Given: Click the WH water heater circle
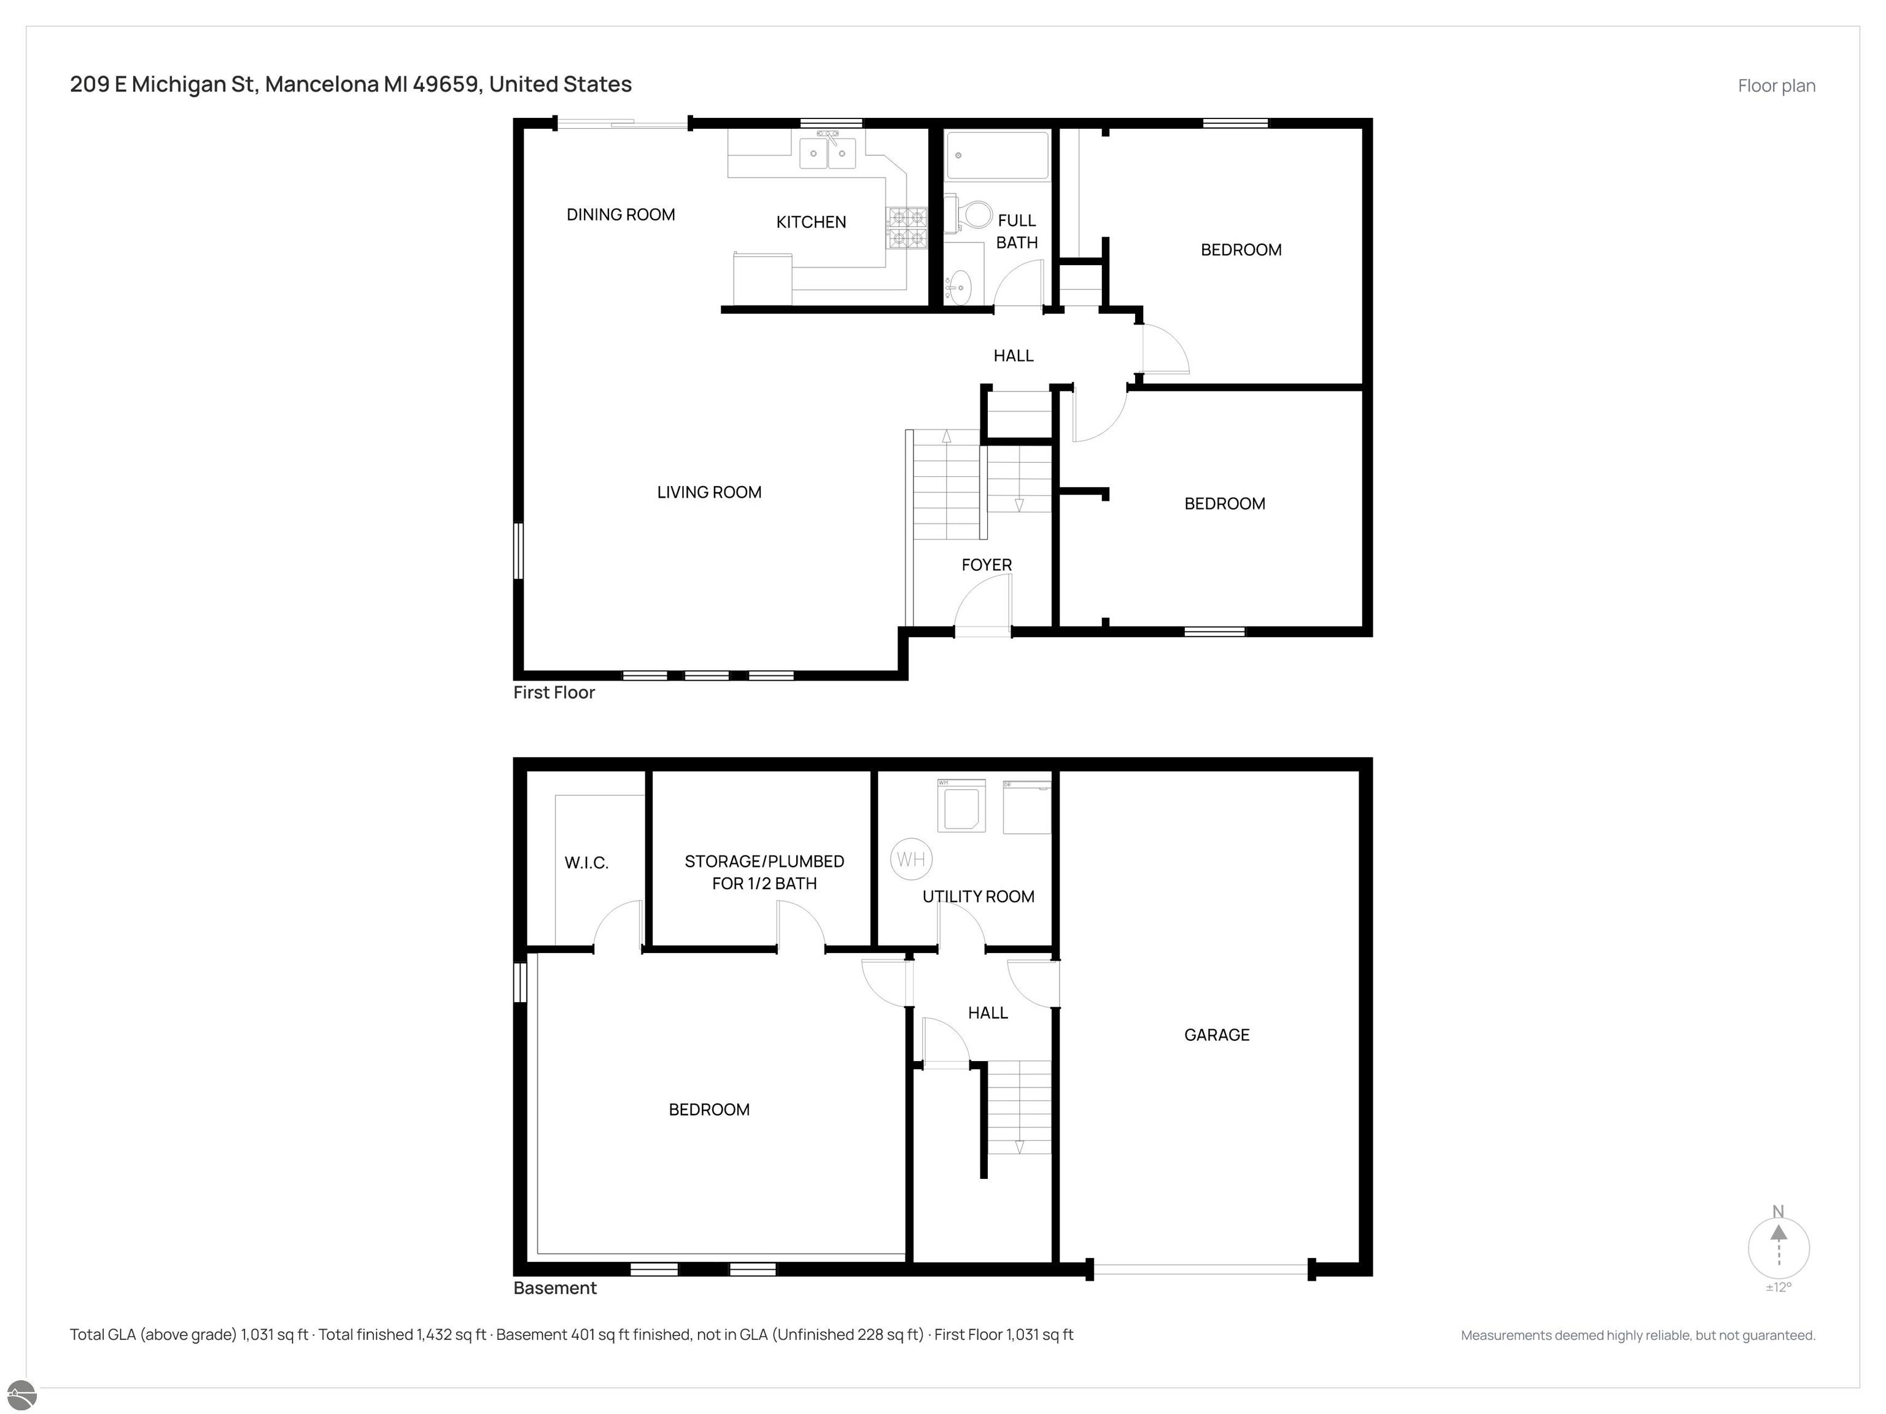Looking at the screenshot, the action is [x=910, y=859].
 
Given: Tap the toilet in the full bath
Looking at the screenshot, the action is [x=971, y=215].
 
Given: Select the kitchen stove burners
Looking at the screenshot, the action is [x=907, y=228].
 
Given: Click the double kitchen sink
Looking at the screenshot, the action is [x=827, y=152].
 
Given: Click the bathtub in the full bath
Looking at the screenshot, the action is [x=996, y=155].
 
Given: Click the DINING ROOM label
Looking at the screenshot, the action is [x=621, y=215].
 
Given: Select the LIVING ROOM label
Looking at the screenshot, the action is [x=709, y=493].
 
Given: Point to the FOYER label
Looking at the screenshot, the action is [x=987, y=565].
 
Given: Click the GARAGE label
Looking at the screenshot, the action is [x=1217, y=1035].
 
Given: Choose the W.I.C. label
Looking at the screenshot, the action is [x=586, y=862].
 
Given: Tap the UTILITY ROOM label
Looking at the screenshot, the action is [x=978, y=897].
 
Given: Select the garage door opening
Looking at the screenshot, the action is [x=1200, y=1270].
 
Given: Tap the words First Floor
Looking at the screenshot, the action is [x=554, y=693].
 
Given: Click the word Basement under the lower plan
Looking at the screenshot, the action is [x=555, y=1288].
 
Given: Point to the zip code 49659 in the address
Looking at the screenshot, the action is [x=445, y=84].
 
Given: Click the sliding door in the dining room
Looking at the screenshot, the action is [x=623, y=125].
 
